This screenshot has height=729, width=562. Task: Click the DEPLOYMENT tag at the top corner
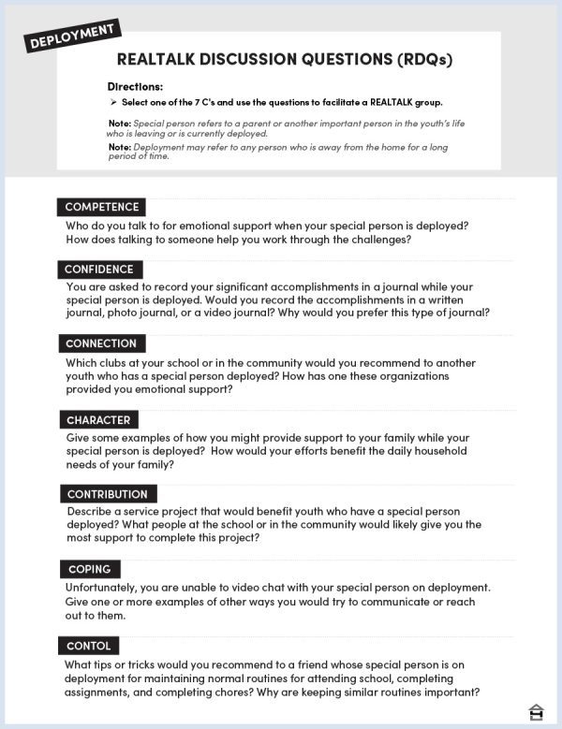click(72, 36)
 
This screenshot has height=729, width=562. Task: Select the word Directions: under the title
click(136, 86)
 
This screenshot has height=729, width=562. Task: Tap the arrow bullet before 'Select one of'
click(112, 102)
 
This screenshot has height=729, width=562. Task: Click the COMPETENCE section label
click(102, 207)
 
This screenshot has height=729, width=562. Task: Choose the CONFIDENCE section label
click(99, 270)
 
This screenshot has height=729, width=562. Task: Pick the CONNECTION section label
click(101, 343)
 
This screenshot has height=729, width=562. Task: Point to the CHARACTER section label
click(98, 420)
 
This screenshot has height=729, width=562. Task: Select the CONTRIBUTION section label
click(107, 494)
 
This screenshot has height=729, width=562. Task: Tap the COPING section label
click(90, 569)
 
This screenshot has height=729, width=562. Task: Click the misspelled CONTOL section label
click(89, 646)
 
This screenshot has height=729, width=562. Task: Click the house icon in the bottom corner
click(537, 711)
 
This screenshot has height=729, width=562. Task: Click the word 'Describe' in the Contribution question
click(92, 512)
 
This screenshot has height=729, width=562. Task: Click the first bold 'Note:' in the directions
click(119, 123)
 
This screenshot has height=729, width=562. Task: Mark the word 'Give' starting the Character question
click(79, 438)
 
